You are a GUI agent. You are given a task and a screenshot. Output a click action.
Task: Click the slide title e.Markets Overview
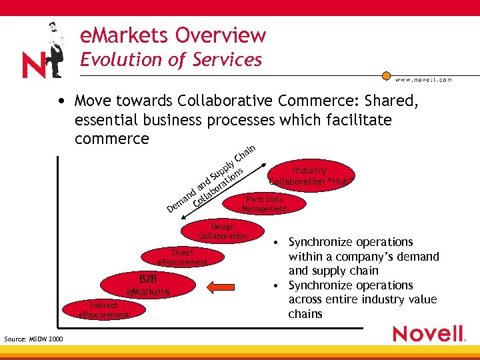coord(173,35)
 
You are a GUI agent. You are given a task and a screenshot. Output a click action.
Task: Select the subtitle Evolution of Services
coord(171,59)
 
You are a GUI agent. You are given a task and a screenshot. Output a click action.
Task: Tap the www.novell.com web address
coord(423,79)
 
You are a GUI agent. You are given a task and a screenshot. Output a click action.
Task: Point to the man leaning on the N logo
coord(53,47)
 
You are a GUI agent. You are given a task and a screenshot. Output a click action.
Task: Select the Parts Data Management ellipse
coord(265,204)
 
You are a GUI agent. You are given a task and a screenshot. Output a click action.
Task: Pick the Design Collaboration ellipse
coord(222,231)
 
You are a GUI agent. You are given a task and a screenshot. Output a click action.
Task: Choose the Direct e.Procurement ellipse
coord(182,257)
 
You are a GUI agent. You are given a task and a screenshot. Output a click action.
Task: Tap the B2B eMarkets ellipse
coord(148,285)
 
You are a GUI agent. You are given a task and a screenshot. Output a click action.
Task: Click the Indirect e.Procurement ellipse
coord(103,309)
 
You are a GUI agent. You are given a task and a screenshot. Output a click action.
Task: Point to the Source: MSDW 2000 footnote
coord(33,339)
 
